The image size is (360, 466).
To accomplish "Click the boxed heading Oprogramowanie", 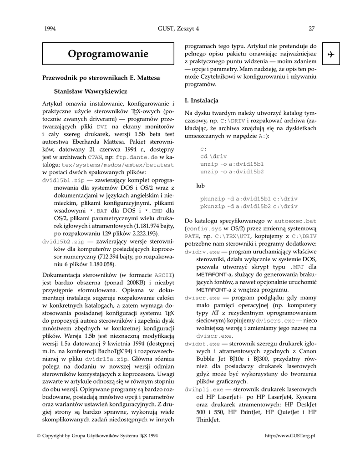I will point(108,54).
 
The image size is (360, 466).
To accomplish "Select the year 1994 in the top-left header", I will point(50,29).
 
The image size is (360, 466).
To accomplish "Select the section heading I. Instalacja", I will point(201,100).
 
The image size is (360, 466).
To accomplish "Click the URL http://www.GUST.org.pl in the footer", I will point(290,436).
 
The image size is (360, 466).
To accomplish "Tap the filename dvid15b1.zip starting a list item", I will point(63,180).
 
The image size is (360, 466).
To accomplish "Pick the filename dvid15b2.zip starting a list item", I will point(63,241).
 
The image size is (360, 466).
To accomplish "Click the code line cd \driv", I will point(213,156).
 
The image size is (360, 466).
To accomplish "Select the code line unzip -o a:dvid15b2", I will point(232,171).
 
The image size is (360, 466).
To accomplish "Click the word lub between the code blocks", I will point(201,186).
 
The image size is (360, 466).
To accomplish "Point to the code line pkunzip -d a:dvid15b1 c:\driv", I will point(249,198).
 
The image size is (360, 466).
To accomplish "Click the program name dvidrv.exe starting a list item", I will point(202,252).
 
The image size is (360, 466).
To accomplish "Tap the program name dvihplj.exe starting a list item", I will point(204,390).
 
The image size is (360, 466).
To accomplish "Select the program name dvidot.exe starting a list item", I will point(202,344).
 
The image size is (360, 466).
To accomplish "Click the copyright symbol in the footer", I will point(38,436).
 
